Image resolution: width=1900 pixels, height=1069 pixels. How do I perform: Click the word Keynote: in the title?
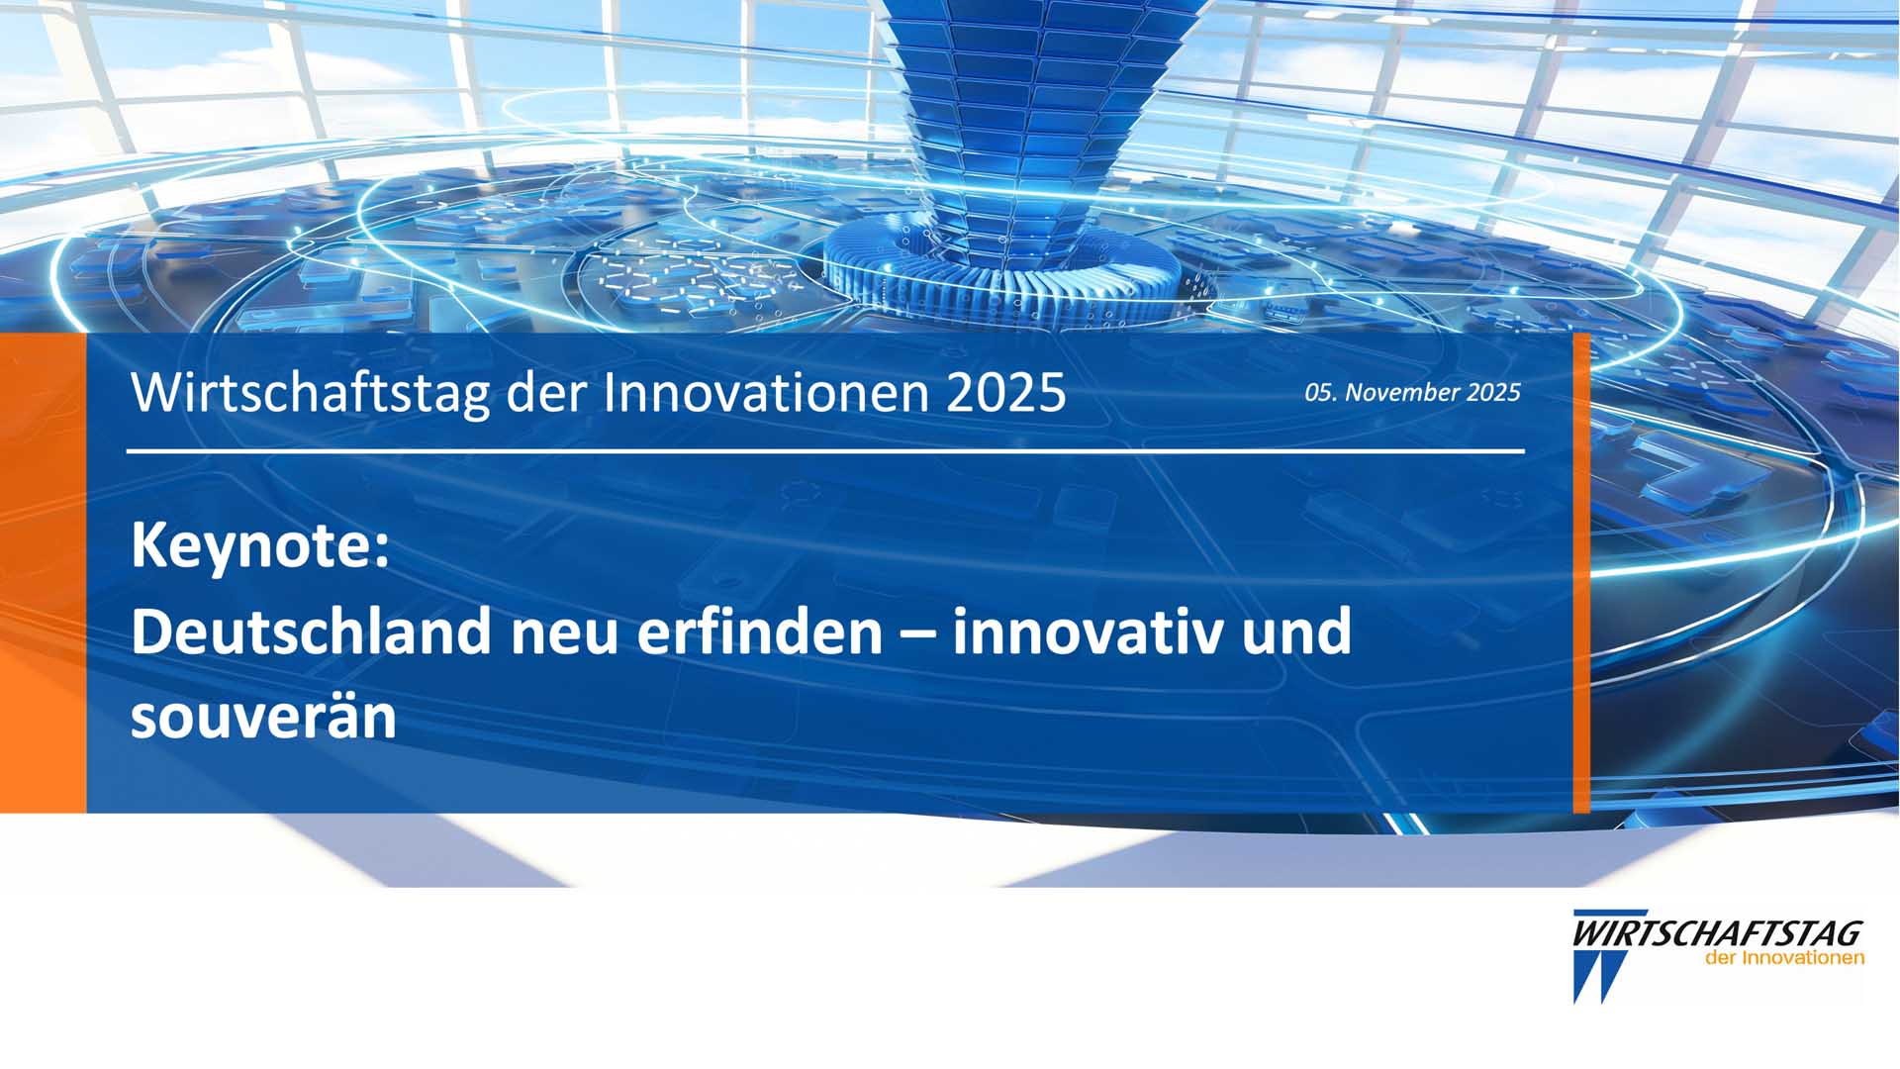point(260,547)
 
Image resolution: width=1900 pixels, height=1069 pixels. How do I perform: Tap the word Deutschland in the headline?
point(311,632)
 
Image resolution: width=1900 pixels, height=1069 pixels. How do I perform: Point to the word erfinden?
point(759,632)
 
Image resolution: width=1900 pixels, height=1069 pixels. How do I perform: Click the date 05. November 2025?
point(1412,393)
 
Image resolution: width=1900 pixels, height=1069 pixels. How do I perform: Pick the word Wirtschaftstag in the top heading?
point(311,393)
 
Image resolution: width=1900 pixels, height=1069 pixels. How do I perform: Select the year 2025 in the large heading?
point(1006,393)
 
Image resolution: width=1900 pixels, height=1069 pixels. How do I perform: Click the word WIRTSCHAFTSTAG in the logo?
point(1718,933)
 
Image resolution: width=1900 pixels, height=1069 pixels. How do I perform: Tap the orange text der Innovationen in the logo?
point(1785,958)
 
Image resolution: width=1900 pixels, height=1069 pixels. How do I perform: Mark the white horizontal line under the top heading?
point(825,451)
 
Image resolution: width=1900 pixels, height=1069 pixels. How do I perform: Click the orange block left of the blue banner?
point(43,573)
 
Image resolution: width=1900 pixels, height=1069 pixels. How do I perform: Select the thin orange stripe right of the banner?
point(1581,573)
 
